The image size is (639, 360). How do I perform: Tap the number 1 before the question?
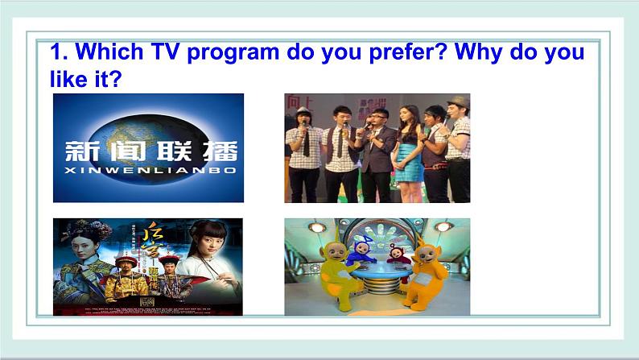tap(56, 53)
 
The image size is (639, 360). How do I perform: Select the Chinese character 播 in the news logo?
tap(221, 154)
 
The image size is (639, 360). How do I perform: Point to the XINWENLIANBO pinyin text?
tap(150, 173)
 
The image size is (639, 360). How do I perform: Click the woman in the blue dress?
tap(408, 149)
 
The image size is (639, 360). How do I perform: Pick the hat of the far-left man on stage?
tap(303, 112)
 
